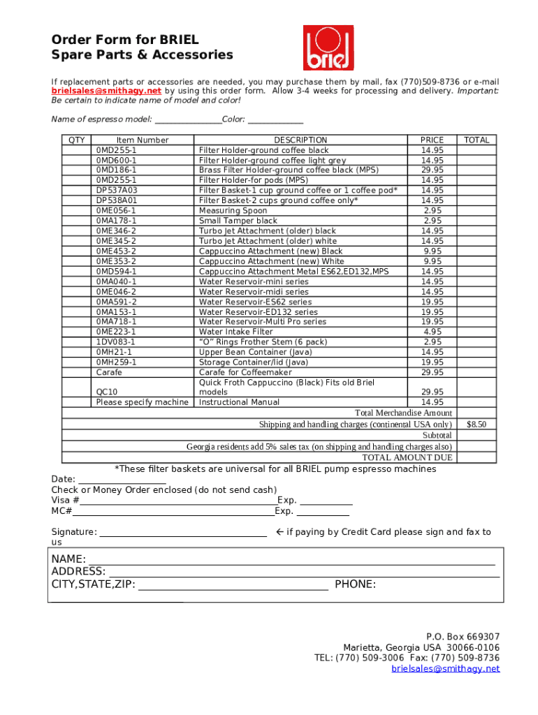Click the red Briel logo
coord(328,49)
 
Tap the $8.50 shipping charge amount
coord(476,425)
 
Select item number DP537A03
coord(117,190)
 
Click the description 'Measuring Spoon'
coord(233,210)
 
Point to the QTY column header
coord(77,140)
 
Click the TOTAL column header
coord(477,140)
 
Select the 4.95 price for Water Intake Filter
coord(432,332)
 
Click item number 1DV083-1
coord(116,342)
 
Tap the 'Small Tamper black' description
coord(238,221)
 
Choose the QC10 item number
coord(107,392)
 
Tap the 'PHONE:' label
coord(355,584)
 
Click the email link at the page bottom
coord(445,668)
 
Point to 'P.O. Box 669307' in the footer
coord(463,636)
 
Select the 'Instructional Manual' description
coord(239,402)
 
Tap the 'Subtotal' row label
coord(437,436)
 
